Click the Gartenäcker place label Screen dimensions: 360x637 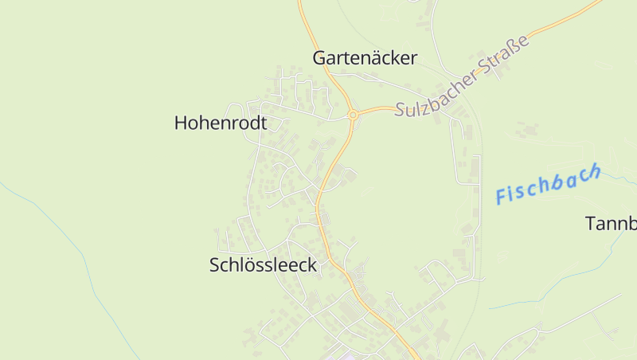365,58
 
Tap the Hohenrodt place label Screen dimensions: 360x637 220,123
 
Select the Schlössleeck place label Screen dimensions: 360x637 263,266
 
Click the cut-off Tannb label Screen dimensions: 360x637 611,224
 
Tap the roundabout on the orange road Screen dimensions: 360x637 352,115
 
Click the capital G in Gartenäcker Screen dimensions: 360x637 319,58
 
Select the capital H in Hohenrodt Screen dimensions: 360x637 181,123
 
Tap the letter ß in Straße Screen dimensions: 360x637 518,47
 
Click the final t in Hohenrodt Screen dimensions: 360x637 263,123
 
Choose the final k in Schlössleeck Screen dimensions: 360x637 312,266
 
